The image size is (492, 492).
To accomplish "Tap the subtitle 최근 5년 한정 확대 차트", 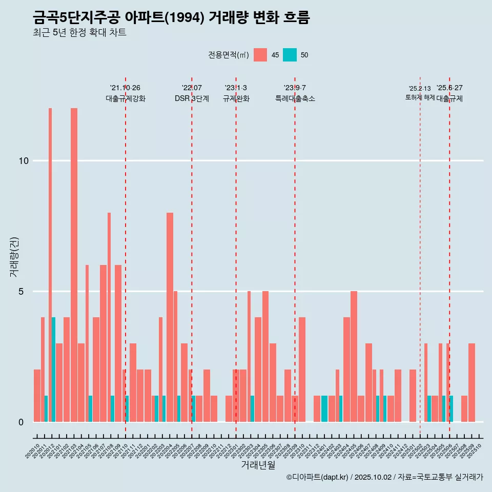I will click(79, 33).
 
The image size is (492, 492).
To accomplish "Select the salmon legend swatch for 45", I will click(260, 55).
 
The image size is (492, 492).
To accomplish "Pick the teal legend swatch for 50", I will click(290, 55).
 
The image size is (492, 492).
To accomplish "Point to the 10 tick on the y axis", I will click(24, 161).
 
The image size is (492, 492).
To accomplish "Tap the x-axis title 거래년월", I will click(258, 465).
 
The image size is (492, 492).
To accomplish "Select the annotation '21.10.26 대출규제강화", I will click(126, 93).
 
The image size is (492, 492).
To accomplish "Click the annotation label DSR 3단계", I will click(192, 99).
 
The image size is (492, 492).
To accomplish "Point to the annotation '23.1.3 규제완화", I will click(236, 93).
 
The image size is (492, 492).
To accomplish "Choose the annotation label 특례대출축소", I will click(295, 99).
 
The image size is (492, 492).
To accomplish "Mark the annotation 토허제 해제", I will click(420, 97).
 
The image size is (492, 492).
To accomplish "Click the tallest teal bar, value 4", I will click(53, 369).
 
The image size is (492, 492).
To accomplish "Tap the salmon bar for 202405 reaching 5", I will click(354, 356).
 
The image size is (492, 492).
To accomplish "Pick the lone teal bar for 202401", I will click(324, 408).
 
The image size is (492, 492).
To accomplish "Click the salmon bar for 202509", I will click(471, 382).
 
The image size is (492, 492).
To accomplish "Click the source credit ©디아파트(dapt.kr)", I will click(317, 477).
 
